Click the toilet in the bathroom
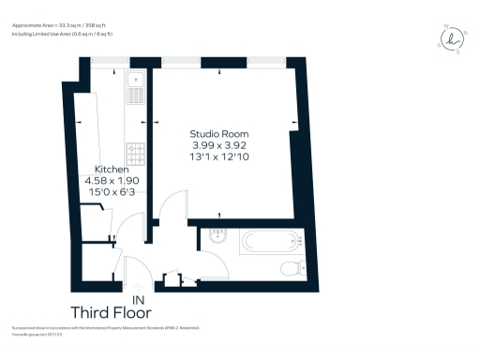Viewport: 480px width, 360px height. (x=292, y=269)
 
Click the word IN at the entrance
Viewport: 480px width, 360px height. (x=140, y=301)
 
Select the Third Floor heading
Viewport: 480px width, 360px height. (x=111, y=312)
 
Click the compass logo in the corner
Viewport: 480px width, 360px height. (x=453, y=38)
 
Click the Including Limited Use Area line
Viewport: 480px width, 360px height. (x=62, y=34)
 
